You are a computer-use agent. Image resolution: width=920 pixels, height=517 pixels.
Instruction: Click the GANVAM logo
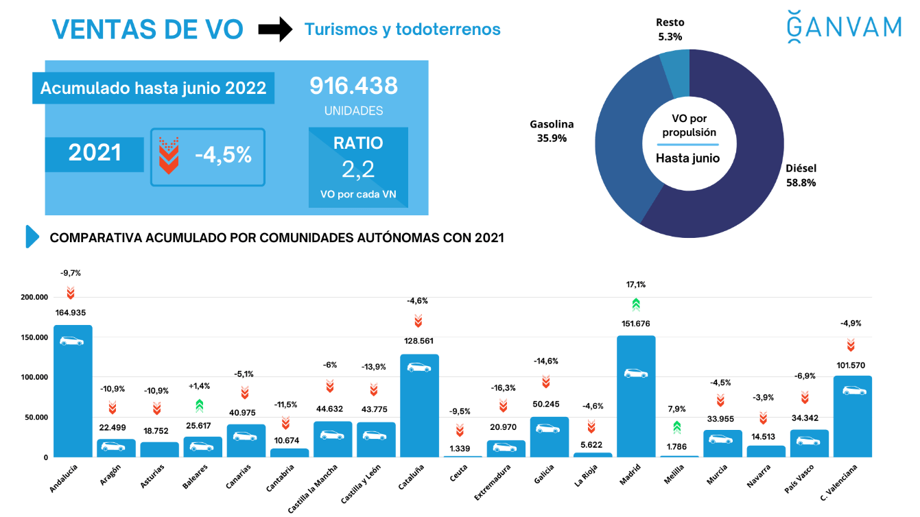tap(844, 27)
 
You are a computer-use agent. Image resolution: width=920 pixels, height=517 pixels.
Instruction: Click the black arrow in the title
tap(275, 29)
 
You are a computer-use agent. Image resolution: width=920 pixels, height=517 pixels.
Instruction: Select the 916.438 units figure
tap(353, 86)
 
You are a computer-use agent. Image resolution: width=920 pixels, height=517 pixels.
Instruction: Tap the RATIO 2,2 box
tap(358, 167)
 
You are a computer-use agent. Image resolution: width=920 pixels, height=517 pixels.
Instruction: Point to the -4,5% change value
tap(223, 155)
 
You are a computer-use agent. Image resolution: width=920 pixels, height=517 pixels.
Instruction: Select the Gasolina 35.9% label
tap(552, 131)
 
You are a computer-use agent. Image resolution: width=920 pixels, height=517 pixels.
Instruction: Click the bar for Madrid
tap(636, 396)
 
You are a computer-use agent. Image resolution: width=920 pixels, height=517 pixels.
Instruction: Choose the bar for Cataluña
tap(419, 406)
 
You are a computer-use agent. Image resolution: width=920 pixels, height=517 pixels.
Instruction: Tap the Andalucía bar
tap(73, 391)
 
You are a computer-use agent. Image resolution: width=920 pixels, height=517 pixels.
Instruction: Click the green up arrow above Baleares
tap(199, 406)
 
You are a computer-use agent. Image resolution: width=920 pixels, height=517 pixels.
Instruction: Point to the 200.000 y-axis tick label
tap(34, 297)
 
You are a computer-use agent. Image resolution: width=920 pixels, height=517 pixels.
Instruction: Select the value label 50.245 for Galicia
tap(546, 404)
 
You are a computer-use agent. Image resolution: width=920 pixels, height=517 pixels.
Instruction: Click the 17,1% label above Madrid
tap(636, 284)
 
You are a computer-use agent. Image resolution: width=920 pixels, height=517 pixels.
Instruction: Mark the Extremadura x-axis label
tap(493, 481)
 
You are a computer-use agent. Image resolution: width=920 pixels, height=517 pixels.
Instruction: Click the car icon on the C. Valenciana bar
tap(854, 391)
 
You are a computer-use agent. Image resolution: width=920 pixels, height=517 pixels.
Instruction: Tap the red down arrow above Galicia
tap(546, 381)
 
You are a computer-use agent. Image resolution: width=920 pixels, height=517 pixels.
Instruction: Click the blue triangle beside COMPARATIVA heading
tap(32, 237)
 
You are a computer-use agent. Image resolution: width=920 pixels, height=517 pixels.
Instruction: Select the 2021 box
tap(95, 154)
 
